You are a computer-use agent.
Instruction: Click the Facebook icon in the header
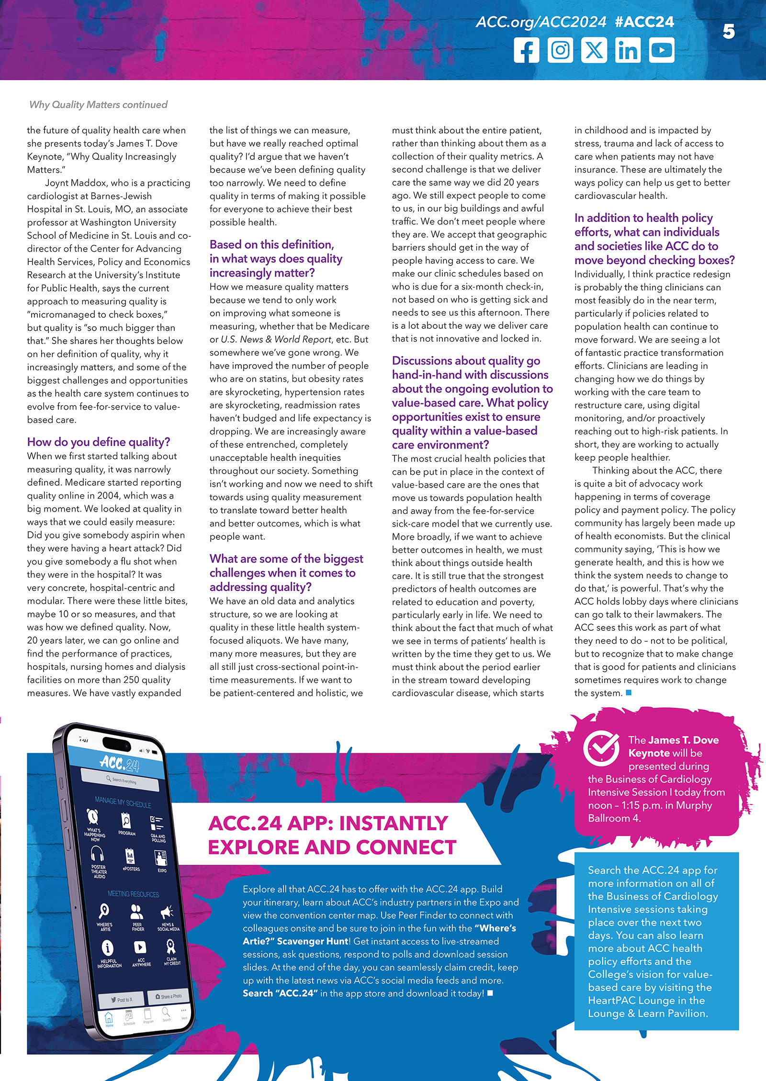click(x=526, y=50)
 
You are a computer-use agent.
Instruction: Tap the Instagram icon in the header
click(x=560, y=50)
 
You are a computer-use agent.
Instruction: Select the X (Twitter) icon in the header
click(x=594, y=50)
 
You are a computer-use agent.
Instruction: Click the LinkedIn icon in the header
click(x=628, y=50)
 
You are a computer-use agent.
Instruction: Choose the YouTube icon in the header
click(x=662, y=50)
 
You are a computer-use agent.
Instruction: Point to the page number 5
click(x=728, y=32)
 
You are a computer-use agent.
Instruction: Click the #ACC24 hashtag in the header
click(x=644, y=22)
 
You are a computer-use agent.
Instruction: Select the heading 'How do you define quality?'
click(x=99, y=442)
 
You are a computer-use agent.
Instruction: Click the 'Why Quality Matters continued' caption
click(x=99, y=104)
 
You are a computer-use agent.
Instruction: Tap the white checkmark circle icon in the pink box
click(x=600, y=748)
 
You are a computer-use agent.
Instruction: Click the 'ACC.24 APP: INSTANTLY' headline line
click(x=328, y=824)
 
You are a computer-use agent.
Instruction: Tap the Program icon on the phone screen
click(x=126, y=822)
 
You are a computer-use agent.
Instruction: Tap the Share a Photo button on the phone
click(x=169, y=996)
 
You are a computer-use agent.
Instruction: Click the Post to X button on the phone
click(x=122, y=999)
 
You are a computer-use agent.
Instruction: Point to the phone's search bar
click(x=121, y=780)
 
